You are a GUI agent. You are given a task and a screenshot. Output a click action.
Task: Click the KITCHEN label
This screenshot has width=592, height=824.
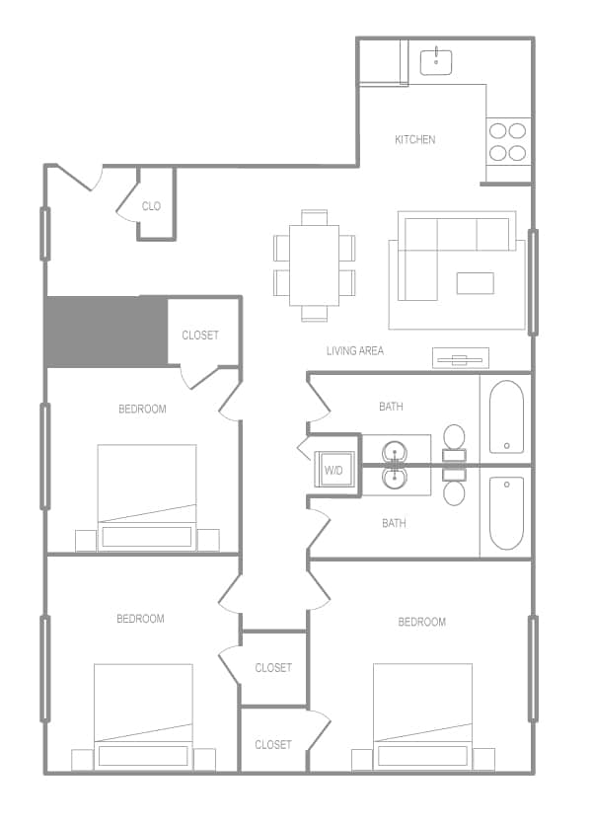click(414, 140)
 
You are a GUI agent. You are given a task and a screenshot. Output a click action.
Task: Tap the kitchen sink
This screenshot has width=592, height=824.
click(436, 61)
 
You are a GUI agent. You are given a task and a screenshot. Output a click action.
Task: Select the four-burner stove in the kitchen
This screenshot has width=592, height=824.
click(508, 141)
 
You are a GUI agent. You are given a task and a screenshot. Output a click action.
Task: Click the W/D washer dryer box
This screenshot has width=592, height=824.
click(333, 470)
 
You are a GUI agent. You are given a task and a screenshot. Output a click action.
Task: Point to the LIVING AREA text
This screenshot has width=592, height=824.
click(355, 351)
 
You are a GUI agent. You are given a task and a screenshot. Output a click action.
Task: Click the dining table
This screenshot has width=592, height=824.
click(315, 265)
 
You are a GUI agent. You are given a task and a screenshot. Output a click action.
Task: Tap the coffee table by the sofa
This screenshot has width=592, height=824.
click(475, 283)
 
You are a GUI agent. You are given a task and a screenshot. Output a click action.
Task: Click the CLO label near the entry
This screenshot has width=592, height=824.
click(151, 206)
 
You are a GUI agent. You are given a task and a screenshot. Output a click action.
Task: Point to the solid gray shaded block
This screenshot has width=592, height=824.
click(106, 331)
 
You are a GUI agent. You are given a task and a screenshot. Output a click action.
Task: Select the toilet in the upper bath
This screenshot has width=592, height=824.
click(455, 439)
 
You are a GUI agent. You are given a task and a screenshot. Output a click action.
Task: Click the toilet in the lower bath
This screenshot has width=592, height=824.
click(455, 488)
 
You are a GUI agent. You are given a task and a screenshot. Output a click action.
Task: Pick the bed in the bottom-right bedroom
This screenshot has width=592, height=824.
click(422, 716)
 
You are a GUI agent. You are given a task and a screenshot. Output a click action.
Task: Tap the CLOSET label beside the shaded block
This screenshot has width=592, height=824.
click(200, 336)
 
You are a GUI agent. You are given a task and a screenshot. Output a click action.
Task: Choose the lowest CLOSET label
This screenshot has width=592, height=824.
click(273, 745)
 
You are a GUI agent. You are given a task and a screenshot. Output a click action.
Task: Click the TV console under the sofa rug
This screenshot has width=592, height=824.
click(460, 358)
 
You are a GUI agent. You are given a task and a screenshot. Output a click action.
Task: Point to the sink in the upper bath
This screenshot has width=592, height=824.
click(396, 451)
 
